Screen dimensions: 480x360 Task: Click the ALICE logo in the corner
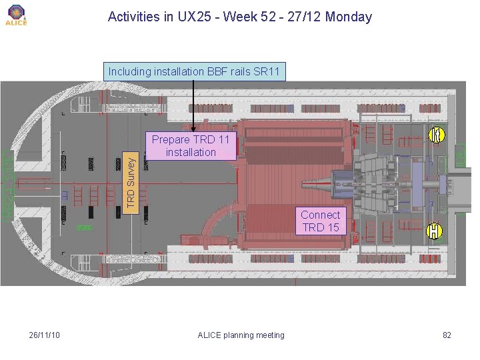pos(16,15)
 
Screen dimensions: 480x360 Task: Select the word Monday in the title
pos(349,17)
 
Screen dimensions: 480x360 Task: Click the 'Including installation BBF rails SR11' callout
pos(195,71)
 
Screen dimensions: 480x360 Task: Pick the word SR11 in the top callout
pos(267,71)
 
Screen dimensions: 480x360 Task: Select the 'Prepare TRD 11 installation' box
pos(191,146)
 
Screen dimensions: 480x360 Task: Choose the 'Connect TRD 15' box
pos(320,221)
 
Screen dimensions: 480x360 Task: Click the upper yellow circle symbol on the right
pos(435,135)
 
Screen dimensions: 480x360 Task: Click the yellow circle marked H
pos(435,231)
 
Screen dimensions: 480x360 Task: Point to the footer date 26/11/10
pos(45,335)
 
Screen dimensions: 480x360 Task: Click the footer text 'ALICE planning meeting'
pos(241,335)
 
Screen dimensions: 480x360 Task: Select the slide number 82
pos(447,335)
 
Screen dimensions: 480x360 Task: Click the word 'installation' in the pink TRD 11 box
pos(191,153)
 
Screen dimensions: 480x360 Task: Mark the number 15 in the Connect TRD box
pos(332,227)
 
